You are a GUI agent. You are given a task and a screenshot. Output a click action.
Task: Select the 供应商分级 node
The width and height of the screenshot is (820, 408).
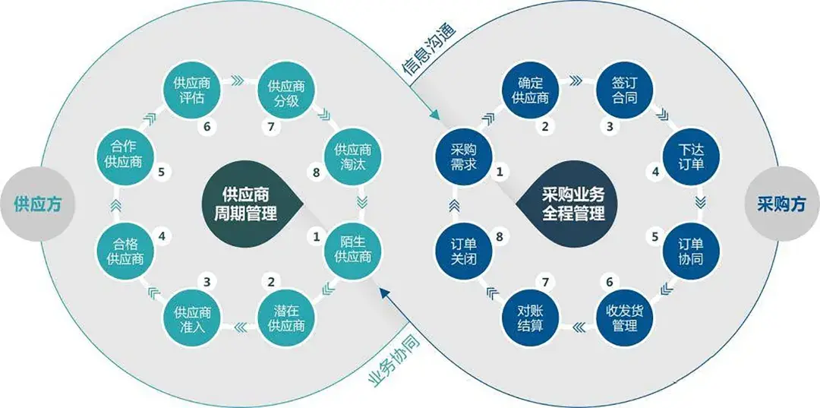click(x=286, y=90)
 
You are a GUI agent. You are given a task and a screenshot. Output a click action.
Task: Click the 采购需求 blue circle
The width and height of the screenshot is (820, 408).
click(x=462, y=156)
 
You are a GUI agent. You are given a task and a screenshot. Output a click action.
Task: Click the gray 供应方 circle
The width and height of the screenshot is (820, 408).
click(x=36, y=204)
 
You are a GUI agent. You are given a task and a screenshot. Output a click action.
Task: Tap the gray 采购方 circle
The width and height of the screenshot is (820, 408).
click(x=781, y=204)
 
